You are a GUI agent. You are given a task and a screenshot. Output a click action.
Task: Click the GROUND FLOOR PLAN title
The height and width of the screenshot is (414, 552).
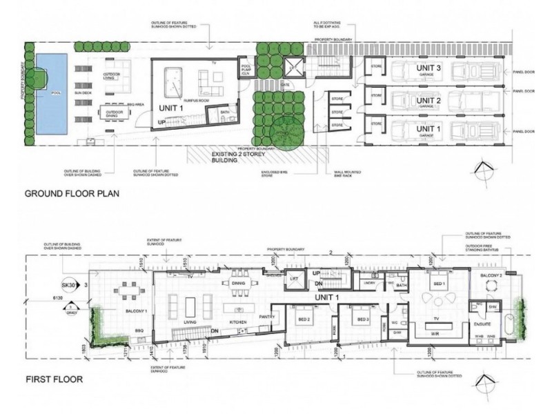[x=72, y=194]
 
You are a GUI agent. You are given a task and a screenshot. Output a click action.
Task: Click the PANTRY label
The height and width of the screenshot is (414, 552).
[x=268, y=317]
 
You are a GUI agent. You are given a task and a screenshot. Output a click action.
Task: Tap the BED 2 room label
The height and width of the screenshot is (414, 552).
[x=306, y=320]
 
